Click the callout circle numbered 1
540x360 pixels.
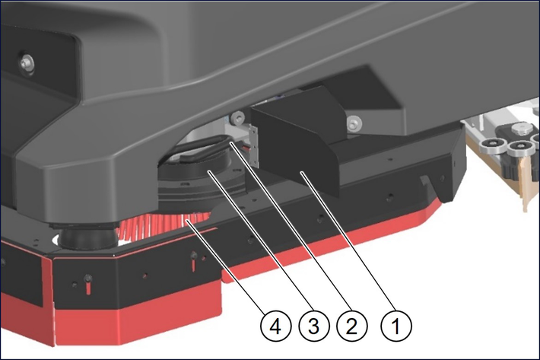(395, 326)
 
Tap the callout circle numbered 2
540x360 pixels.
(351, 326)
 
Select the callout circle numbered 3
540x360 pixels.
(313, 326)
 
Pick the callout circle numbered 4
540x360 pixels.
(275, 326)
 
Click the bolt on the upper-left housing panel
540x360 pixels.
(26, 62)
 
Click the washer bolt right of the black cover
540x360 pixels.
(354, 123)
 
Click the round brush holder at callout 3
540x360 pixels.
(202, 179)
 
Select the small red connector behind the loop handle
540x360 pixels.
(244, 148)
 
